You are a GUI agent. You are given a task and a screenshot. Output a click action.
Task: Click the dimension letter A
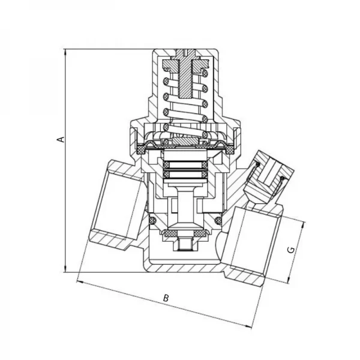click(x=60, y=139)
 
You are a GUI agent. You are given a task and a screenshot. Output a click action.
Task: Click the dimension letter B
click(x=167, y=298)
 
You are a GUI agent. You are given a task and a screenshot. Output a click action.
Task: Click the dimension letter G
click(x=291, y=249)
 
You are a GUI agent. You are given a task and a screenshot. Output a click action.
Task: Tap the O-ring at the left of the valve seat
click(x=153, y=223)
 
